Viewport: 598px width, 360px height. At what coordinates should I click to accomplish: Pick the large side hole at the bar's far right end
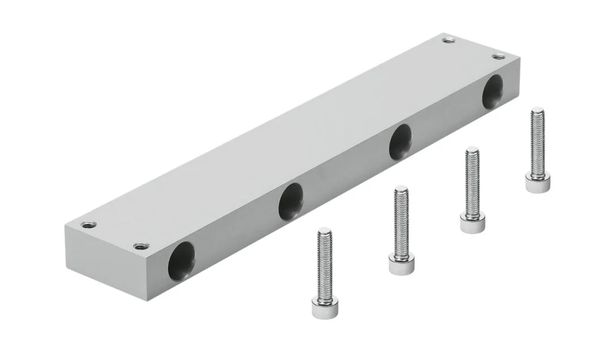pyautogui.click(x=492, y=91)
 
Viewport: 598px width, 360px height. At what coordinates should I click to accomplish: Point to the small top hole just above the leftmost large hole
pyautogui.click(x=138, y=246)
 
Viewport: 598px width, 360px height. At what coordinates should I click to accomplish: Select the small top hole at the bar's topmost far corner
pyautogui.click(x=448, y=40)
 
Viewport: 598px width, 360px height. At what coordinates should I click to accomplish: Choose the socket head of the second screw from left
pyautogui.click(x=399, y=265)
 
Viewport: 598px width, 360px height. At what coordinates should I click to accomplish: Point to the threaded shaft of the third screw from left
pyautogui.click(x=472, y=181)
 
